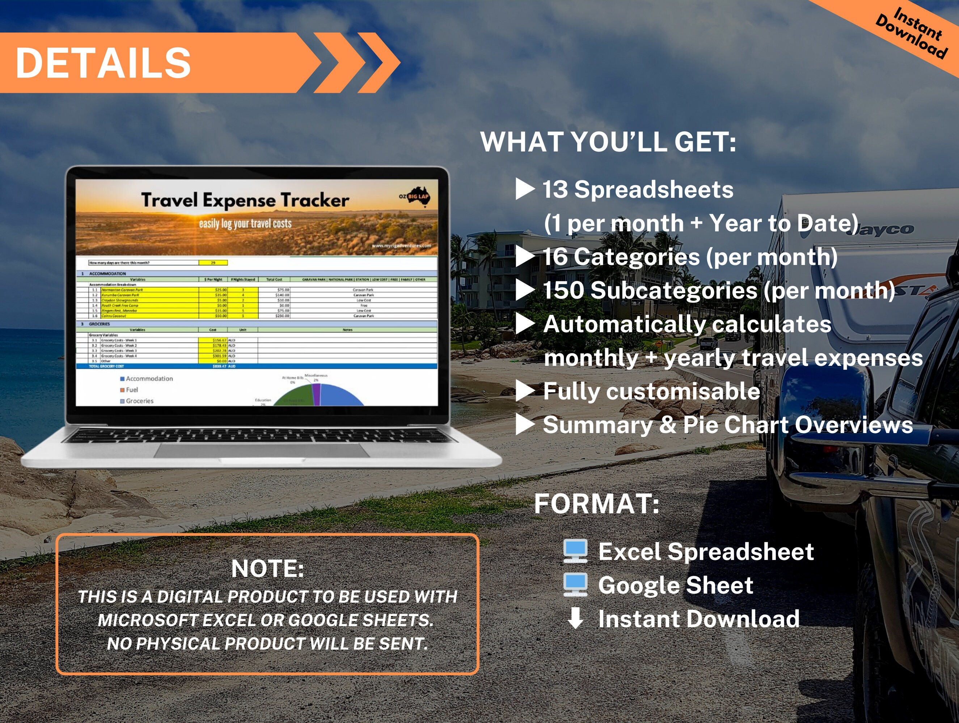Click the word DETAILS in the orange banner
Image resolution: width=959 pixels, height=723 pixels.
103,63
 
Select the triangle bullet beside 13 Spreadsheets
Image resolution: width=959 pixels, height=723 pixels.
524,189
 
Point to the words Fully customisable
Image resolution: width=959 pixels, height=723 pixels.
651,391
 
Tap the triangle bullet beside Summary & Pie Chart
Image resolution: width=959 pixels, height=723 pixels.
524,425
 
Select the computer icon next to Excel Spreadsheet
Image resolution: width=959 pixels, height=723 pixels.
575,551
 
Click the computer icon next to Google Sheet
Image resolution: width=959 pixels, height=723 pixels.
575,585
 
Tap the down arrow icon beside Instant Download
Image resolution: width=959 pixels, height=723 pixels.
575,618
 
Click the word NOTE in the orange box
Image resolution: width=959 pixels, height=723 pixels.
267,568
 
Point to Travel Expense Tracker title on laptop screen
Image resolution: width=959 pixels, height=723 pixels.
245,200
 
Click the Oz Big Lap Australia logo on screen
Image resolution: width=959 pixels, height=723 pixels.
415,197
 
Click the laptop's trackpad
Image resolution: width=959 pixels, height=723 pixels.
261,450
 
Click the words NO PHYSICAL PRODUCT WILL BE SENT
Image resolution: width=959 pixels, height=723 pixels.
267,644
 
